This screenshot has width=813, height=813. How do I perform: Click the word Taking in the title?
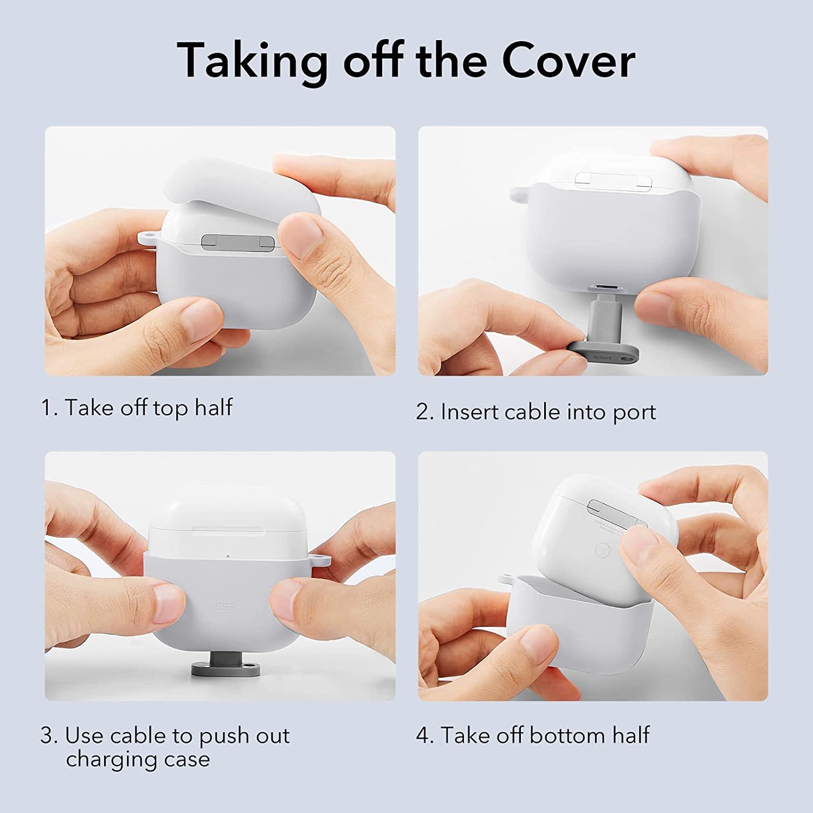(252, 61)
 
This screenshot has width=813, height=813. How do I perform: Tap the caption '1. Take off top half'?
(137, 408)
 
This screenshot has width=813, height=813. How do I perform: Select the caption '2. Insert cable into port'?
(536, 412)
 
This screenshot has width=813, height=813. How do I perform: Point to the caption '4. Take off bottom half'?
(533, 735)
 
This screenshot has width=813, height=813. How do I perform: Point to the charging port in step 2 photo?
(603, 286)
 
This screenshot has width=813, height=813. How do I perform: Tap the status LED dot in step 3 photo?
(228, 556)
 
